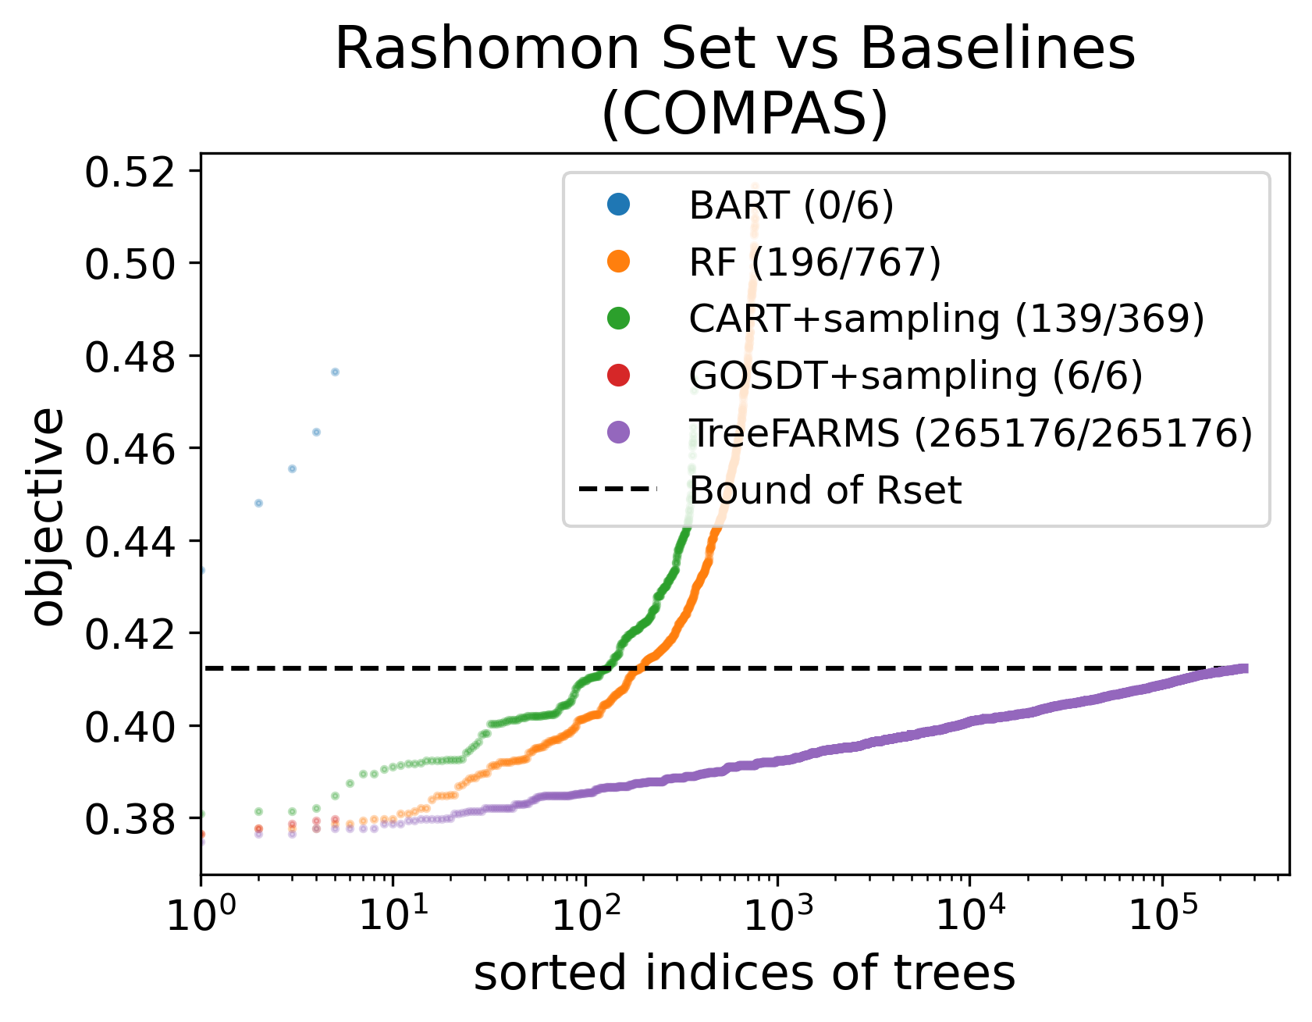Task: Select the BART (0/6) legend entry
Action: pyautogui.click(x=791, y=205)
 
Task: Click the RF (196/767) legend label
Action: pyautogui.click(x=815, y=262)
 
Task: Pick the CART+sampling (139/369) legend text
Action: pyautogui.click(x=947, y=319)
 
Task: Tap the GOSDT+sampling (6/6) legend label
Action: pyautogui.click(x=916, y=376)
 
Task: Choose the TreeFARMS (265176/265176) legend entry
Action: pyautogui.click(x=970, y=433)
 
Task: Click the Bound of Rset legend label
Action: pyautogui.click(x=825, y=490)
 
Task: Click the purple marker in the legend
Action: pyautogui.click(x=618, y=432)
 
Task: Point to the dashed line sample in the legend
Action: pyautogui.click(x=618, y=490)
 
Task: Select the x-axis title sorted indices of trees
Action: pyautogui.click(x=744, y=974)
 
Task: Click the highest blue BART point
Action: pyautogui.click(x=335, y=372)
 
